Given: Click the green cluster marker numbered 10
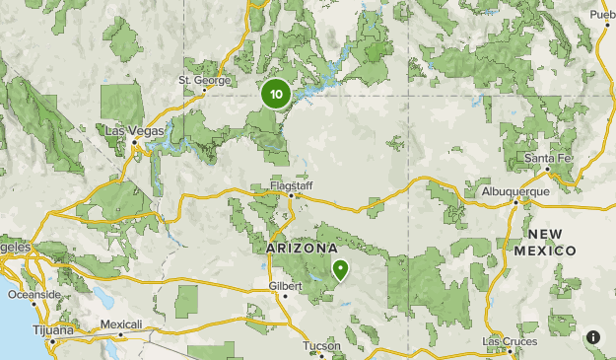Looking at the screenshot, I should tap(275, 95).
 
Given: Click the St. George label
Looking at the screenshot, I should tap(204, 80).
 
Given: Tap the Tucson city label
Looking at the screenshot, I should tap(321, 346).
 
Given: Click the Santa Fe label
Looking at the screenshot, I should tap(547, 159).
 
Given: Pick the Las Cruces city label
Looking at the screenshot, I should tap(510, 341).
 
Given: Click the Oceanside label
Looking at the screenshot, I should tap(34, 294).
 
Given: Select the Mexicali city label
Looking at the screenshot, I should tap(121, 324).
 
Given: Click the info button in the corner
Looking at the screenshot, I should tap(593, 337).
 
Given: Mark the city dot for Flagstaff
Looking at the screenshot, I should tap(292, 195).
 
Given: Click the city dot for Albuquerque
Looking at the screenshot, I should tap(516, 202).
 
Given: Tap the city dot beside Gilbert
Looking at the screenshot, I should tap(285, 295).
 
